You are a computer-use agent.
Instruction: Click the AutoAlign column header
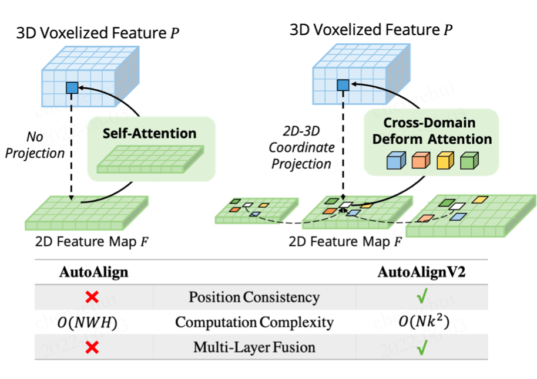pyautogui.click(x=93, y=272)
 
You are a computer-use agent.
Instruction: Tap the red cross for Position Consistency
pyautogui.click(x=92, y=297)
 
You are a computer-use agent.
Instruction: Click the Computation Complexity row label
pyautogui.click(x=254, y=322)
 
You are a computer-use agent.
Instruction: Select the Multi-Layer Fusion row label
pyautogui.click(x=254, y=347)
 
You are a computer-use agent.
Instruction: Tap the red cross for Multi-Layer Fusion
pyautogui.click(x=92, y=347)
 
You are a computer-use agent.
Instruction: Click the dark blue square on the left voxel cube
pyautogui.click(x=72, y=89)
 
